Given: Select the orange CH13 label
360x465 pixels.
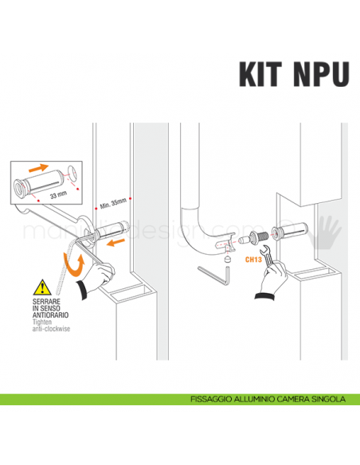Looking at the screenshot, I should click(252, 258).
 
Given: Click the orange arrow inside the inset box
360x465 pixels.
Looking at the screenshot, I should click(38, 169).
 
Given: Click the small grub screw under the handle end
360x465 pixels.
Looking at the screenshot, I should click(228, 257).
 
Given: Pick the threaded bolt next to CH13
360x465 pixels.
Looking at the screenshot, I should click(256, 237).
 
